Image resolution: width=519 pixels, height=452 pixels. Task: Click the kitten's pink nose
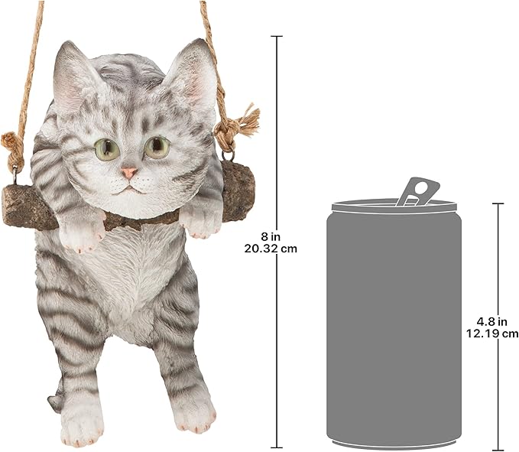click(x=128, y=173)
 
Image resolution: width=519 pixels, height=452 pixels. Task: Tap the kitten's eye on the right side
click(x=157, y=147)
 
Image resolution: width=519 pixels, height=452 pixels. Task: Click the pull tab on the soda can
click(x=417, y=191)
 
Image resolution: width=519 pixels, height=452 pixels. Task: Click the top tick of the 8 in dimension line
click(x=277, y=36)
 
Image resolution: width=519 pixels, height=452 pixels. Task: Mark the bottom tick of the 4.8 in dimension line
click(x=498, y=449)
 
